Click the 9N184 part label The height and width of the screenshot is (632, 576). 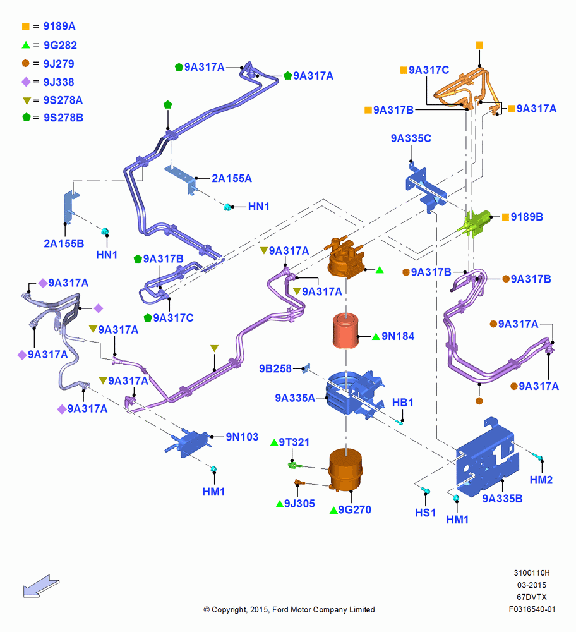pyautogui.click(x=397, y=336)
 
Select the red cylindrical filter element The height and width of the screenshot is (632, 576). pyautogui.click(x=345, y=331)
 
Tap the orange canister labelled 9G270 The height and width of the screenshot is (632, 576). pyautogui.click(x=345, y=470)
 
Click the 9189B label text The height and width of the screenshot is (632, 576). pyautogui.click(x=527, y=217)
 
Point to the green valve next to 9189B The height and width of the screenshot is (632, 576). pyautogui.click(x=476, y=223)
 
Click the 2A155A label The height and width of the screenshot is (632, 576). pyautogui.click(x=232, y=178)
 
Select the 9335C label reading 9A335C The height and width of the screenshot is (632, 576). pyautogui.click(x=411, y=138)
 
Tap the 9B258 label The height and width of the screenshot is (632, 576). pyautogui.click(x=275, y=368)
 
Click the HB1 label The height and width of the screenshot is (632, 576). pyautogui.click(x=403, y=402)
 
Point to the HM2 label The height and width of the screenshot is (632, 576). pyautogui.click(x=541, y=480)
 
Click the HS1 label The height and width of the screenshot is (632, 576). pyautogui.click(x=425, y=513)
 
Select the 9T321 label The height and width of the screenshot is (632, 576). pyautogui.click(x=294, y=442)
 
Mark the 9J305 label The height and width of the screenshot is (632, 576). pyautogui.click(x=299, y=504)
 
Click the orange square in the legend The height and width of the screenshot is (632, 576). pyautogui.click(x=26, y=26)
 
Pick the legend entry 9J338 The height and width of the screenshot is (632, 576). pyautogui.click(x=59, y=82)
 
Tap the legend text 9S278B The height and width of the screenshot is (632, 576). pyautogui.click(x=64, y=118)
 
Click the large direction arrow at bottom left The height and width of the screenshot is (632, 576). pyautogui.click(x=41, y=586)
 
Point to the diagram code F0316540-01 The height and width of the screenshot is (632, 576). pyautogui.click(x=532, y=609)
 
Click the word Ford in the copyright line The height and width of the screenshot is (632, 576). pyautogui.click(x=281, y=609)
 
